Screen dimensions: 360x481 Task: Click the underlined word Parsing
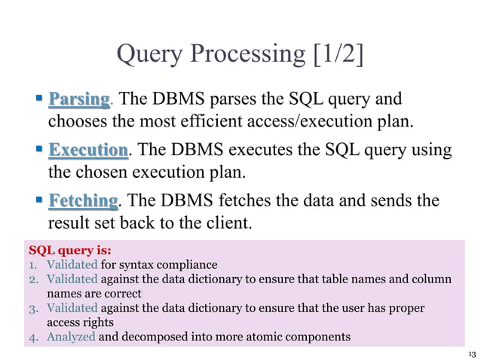pyautogui.click(x=79, y=99)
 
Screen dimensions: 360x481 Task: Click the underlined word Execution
pyautogui.click(x=87, y=150)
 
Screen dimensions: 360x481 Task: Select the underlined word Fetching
pyautogui.click(x=83, y=201)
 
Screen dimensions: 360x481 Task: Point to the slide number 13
pyautogui.click(x=472, y=354)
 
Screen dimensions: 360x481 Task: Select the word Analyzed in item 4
pyautogui.click(x=71, y=337)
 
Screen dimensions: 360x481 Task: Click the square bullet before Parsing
pyautogui.click(x=38, y=99)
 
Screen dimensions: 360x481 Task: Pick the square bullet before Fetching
pyautogui.click(x=38, y=200)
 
